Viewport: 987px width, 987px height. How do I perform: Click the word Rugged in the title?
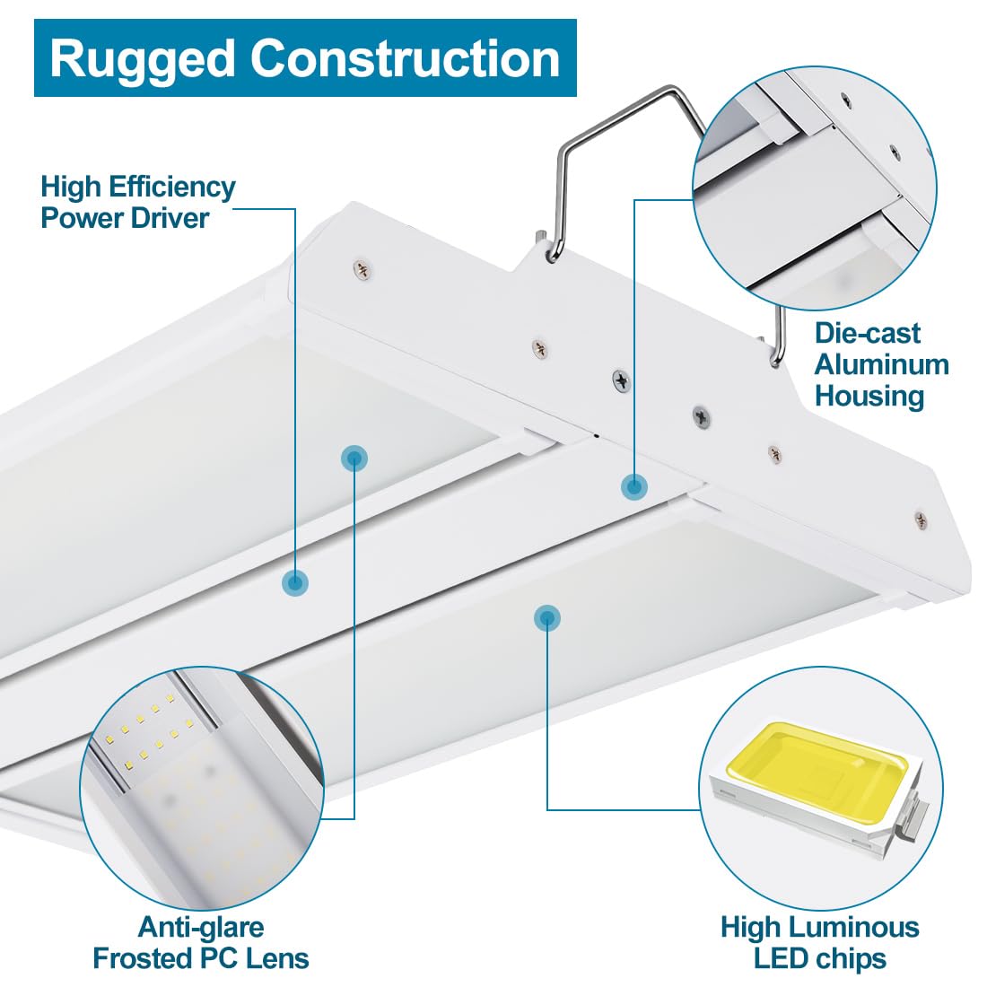click(144, 59)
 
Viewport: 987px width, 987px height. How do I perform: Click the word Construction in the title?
click(405, 58)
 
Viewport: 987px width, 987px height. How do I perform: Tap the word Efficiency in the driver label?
click(171, 187)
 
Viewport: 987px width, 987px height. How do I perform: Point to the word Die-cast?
click(867, 333)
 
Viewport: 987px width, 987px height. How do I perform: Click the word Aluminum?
click(881, 364)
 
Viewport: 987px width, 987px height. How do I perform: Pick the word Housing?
click(869, 396)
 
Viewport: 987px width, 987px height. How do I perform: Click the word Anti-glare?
click(201, 927)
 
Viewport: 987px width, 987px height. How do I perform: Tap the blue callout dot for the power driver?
click(295, 582)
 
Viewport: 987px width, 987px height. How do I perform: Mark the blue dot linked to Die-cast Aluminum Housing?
click(634, 486)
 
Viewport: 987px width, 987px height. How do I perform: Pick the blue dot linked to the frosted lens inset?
click(354, 459)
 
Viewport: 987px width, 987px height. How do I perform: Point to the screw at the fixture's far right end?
click(919, 518)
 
